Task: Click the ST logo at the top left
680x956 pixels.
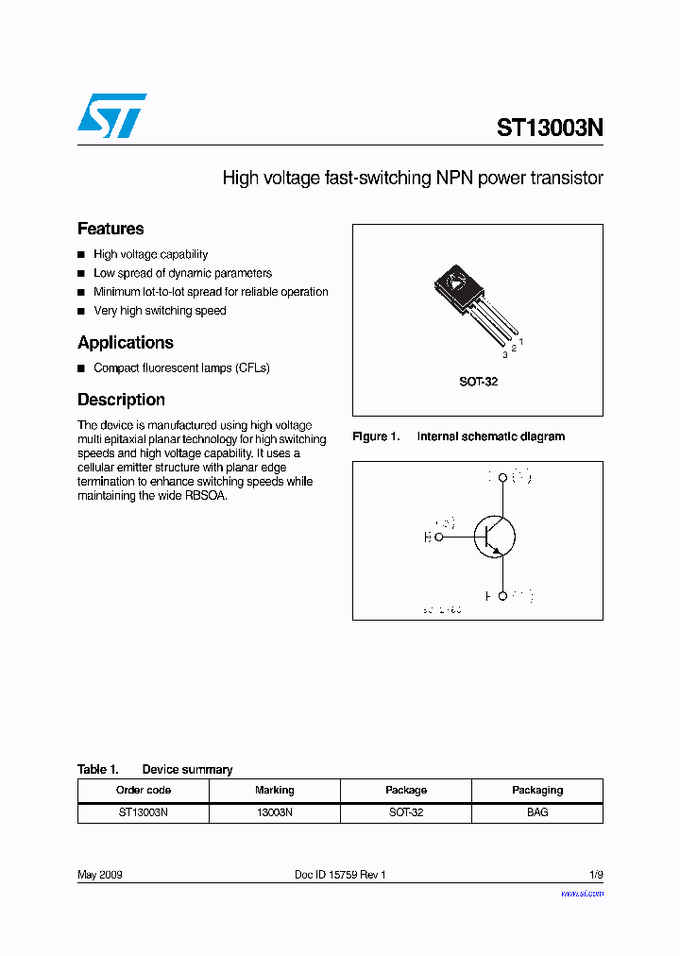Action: tap(111, 115)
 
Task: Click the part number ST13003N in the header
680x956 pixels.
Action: tap(550, 128)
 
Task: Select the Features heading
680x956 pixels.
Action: tap(110, 229)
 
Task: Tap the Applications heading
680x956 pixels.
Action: tap(126, 342)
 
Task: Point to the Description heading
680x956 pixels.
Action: tap(121, 400)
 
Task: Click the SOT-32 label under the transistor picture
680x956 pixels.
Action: tap(478, 382)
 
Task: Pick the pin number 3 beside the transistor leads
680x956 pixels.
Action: tap(504, 355)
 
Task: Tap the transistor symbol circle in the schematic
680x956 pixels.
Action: tap(494, 537)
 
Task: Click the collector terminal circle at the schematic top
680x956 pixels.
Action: tap(502, 478)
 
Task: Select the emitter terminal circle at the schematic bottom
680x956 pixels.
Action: tap(502, 596)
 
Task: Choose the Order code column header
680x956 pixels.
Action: tap(144, 790)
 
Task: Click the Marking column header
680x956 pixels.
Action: tap(275, 790)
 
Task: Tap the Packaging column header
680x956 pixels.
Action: tap(537, 790)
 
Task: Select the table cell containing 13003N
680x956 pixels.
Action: tap(275, 812)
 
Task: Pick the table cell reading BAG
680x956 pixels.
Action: tap(537, 812)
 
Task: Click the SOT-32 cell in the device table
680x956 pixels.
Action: tap(406, 812)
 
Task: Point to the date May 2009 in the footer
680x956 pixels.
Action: tap(100, 875)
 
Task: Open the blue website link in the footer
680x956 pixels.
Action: tap(582, 893)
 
